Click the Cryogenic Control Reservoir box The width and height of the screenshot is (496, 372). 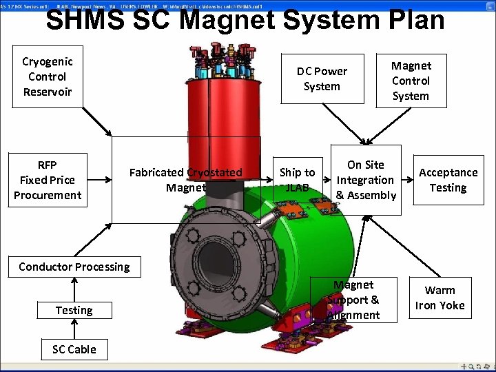[x=48, y=76]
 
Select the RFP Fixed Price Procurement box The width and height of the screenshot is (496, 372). [x=48, y=180]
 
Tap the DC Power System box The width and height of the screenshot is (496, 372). [x=322, y=79]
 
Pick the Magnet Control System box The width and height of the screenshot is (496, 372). [x=411, y=81]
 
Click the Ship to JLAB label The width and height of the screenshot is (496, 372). [x=297, y=180]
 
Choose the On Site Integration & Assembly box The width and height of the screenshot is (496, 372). [x=366, y=180]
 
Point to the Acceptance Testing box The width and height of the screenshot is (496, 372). [x=448, y=180]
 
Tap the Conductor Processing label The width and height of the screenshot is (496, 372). [x=74, y=267]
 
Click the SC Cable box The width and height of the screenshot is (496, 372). [x=74, y=349]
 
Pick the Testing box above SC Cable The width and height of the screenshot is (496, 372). [x=74, y=311]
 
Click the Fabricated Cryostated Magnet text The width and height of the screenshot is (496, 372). [x=186, y=180]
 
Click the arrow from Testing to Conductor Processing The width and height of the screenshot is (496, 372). [x=74, y=288]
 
